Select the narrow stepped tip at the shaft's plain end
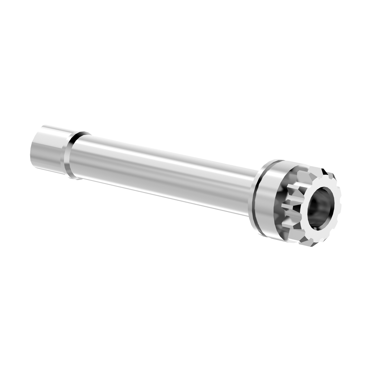pos(46,148)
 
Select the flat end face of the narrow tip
pos(34,151)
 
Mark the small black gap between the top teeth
pos(325,172)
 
